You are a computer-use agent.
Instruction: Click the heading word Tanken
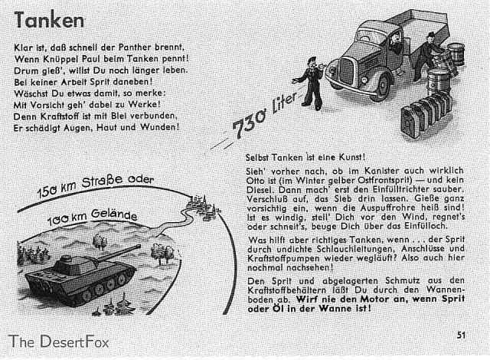pos(49,20)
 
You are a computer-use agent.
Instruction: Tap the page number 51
pos(461,335)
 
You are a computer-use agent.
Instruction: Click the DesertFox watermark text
pos(59,342)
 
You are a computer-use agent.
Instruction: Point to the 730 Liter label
pos(264,116)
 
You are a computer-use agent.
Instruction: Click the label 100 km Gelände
pos(92,218)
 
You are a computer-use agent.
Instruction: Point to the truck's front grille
pos(346,71)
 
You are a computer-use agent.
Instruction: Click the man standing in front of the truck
pos(310,83)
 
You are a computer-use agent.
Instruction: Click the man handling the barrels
pos(426,56)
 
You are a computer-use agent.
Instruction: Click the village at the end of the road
pos(201,205)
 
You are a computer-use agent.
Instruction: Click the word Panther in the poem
pos(135,47)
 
